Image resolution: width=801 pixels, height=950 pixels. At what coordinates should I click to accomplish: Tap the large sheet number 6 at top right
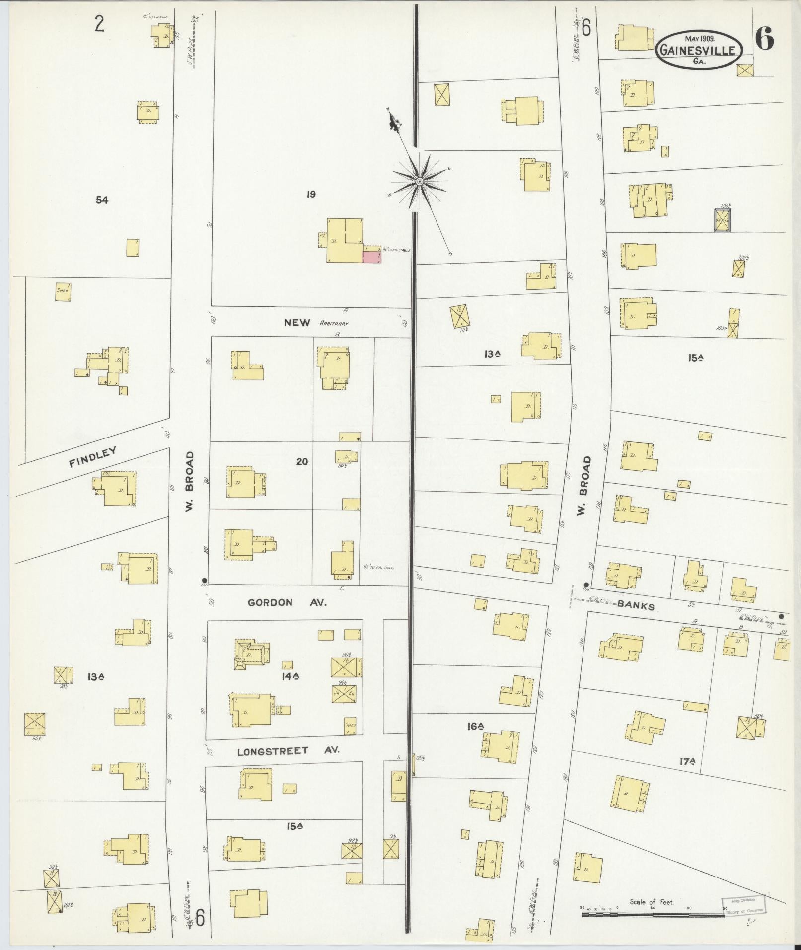click(x=765, y=38)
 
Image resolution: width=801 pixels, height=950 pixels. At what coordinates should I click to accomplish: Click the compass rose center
click(x=420, y=181)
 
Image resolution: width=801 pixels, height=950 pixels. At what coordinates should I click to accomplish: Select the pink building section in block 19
click(x=371, y=256)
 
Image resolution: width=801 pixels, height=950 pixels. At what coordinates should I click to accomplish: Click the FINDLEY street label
click(x=93, y=456)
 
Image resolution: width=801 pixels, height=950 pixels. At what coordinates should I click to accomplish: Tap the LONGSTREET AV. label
click(x=288, y=751)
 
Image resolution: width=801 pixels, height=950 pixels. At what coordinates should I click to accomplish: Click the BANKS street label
click(x=636, y=605)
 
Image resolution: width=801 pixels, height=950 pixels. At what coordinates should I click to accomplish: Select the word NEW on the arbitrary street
click(x=297, y=322)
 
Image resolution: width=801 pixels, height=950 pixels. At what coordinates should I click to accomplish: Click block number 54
click(x=102, y=200)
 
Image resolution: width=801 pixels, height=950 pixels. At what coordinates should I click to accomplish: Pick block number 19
click(x=311, y=194)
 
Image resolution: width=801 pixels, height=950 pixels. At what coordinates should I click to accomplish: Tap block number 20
click(x=302, y=461)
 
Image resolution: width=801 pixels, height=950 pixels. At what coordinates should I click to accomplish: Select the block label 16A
click(x=475, y=726)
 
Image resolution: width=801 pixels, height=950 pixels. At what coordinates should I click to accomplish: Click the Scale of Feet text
click(x=652, y=901)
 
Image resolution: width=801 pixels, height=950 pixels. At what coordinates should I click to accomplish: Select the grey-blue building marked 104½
click(x=723, y=219)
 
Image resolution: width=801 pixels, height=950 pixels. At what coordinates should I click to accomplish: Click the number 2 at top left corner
click(x=99, y=24)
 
